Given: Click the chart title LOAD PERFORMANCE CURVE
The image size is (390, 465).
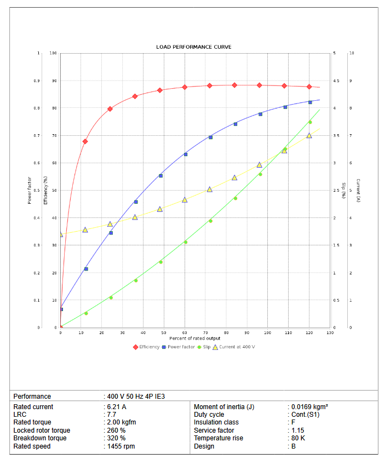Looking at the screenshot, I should pyautogui.click(x=193, y=47).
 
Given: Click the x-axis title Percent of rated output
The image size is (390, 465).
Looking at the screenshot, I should pyautogui.click(x=194, y=338).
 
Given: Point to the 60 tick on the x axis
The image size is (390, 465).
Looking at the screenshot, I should pyautogui.click(x=185, y=332).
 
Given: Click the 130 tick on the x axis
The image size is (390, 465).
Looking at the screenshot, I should pyautogui.click(x=330, y=332).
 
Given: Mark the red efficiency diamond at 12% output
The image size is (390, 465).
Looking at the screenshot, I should pyautogui.click(x=85, y=141).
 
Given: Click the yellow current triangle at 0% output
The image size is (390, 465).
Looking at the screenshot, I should pyautogui.click(x=60, y=234).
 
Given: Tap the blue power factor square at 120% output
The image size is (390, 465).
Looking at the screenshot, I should pyautogui.click(x=310, y=102).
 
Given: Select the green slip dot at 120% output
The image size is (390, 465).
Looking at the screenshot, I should pyautogui.click(x=310, y=122).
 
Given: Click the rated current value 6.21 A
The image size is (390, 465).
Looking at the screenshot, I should pyautogui.click(x=117, y=407).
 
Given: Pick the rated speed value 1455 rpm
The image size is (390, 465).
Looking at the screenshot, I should pyautogui.click(x=121, y=446).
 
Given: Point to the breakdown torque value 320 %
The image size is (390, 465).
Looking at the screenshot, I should pyautogui.click(x=117, y=438).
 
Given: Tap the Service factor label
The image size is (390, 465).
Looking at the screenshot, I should pyautogui.click(x=214, y=430).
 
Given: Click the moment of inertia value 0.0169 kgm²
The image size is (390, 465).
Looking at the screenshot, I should pyautogui.click(x=309, y=407).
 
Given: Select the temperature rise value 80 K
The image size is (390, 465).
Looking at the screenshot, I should pyautogui.click(x=298, y=438).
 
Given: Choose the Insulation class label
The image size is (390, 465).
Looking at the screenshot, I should pyautogui.click(x=216, y=422).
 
